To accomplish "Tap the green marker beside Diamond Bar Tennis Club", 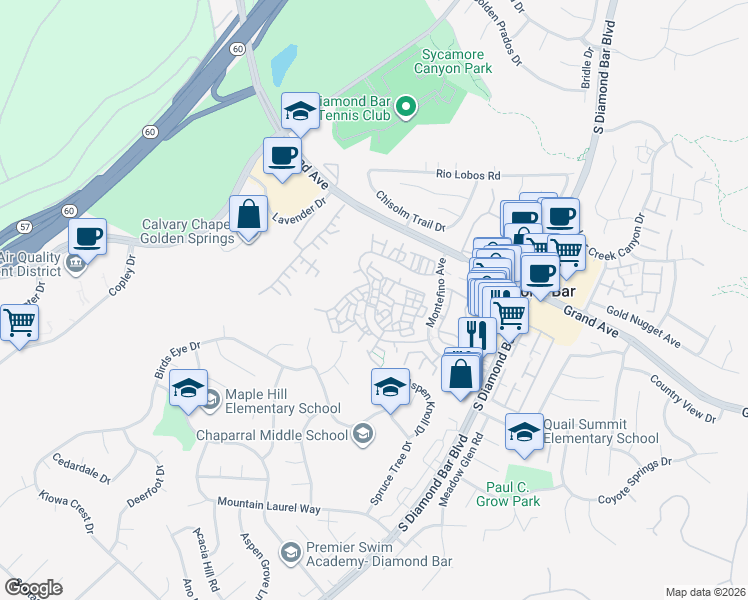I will (x=406, y=106).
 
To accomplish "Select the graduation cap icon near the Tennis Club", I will (x=300, y=113).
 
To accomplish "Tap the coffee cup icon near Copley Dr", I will (x=88, y=238).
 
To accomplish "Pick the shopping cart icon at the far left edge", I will (x=18, y=323).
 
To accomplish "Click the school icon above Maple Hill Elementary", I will (x=187, y=389).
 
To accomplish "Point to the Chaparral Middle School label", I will (x=260, y=433).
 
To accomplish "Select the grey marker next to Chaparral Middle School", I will (x=363, y=433).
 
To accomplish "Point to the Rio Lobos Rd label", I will (x=467, y=174).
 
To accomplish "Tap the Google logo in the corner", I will (x=33, y=588).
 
